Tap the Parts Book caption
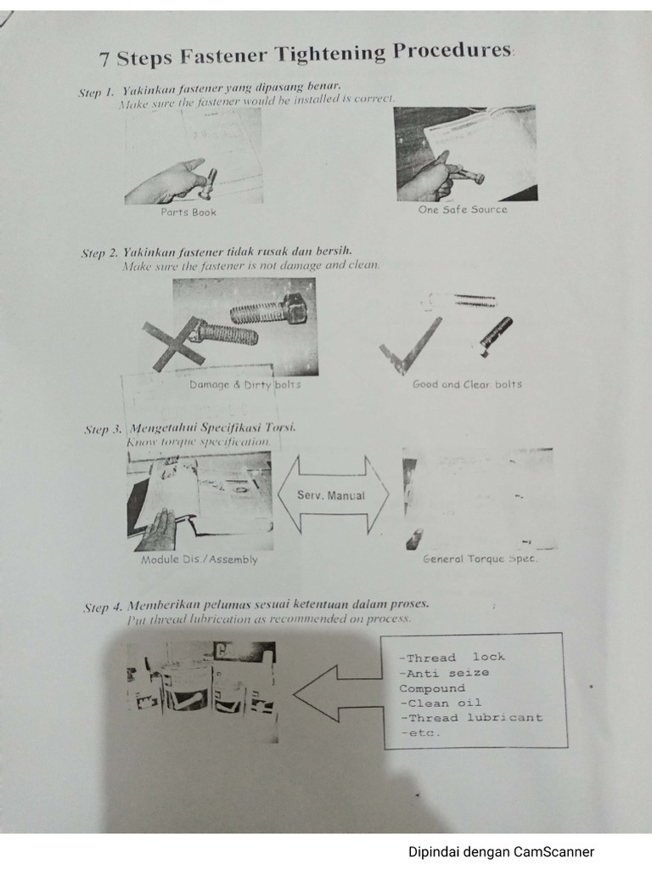188,212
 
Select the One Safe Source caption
463,210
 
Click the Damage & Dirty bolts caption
244,385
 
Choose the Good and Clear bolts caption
467,384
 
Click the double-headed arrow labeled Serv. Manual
333,495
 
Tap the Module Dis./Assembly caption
200,560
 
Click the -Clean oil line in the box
441,703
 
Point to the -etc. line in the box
419,733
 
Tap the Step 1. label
96,93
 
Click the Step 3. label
103,430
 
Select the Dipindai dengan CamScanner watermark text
501,851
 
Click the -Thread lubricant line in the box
470,718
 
